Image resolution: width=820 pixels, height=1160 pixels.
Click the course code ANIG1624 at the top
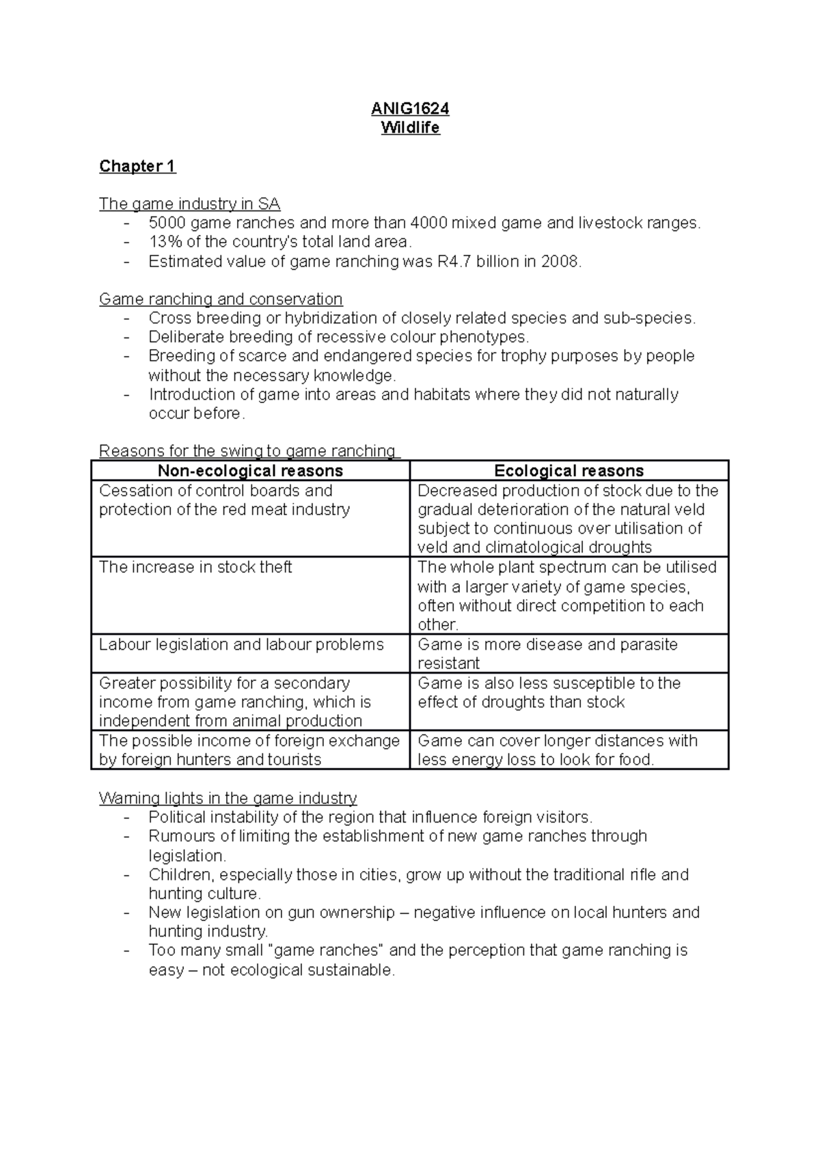point(410,109)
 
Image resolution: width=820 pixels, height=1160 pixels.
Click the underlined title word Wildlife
point(410,128)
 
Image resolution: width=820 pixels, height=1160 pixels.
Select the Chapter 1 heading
point(137,166)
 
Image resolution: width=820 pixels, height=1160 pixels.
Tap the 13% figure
point(163,242)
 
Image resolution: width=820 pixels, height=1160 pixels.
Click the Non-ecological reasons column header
point(250,471)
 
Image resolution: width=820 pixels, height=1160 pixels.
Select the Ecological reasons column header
point(569,471)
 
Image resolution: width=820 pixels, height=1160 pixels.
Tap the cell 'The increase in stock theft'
point(195,568)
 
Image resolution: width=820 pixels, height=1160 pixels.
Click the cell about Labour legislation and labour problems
point(241,644)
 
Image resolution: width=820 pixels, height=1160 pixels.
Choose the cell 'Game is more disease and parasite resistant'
point(547,653)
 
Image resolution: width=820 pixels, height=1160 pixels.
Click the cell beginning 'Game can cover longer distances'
point(557,750)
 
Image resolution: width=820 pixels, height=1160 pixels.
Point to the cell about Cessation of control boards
point(224,500)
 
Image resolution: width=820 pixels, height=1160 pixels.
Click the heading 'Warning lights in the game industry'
point(228,798)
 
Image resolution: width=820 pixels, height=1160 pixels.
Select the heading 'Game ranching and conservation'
point(221,299)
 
